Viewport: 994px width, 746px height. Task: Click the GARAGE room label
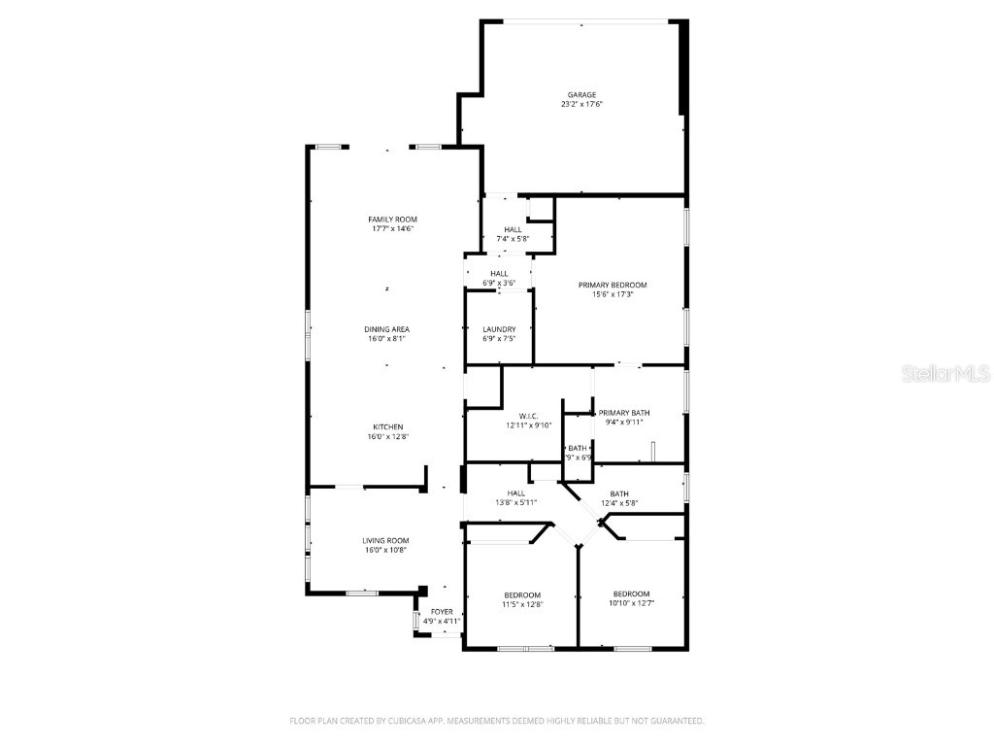click(582, 95)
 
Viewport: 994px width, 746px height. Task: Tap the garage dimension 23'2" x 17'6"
click(582, 105)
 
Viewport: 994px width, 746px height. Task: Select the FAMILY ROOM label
click(392, 220)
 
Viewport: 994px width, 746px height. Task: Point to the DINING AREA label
click(386, 329)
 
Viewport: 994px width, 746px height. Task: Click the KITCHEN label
click(387, 427)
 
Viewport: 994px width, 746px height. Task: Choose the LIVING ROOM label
click(385, 540)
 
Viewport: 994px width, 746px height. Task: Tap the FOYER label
click(442, 612)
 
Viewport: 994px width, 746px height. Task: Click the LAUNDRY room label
click(499, 329)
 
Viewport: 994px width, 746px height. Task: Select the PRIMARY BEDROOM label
click(613, 285)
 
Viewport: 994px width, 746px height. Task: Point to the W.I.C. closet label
click(528, 416)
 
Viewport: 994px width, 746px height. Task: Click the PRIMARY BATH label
click(624, 413)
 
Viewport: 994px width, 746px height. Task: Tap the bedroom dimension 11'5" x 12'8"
click(522, 604)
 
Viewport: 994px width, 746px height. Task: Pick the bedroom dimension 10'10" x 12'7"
click(631, 603)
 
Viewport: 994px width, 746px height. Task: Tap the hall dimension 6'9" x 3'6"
click(499, 284)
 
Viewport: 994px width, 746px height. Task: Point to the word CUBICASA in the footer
click(413, 721)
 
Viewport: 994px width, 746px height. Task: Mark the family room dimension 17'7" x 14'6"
click(392, 229)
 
